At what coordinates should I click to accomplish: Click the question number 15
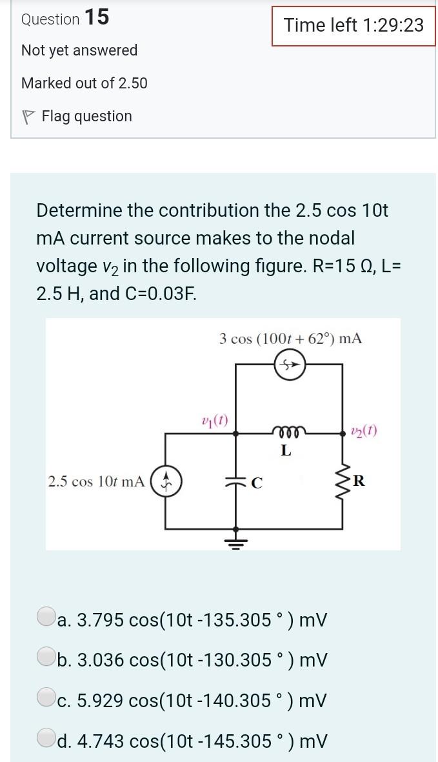(96, 18)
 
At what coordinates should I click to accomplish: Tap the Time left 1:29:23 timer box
(353, 26)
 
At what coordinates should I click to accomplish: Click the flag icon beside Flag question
(27, 117)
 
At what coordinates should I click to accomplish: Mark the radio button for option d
(46, 739)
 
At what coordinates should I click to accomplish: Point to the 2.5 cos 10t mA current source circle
(166, 481)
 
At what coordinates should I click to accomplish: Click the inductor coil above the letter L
(286, 431)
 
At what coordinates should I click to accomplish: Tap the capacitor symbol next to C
(235, 482)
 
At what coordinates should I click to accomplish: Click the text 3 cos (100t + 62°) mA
(290, 338)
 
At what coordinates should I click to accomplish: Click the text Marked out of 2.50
(84, 83)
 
